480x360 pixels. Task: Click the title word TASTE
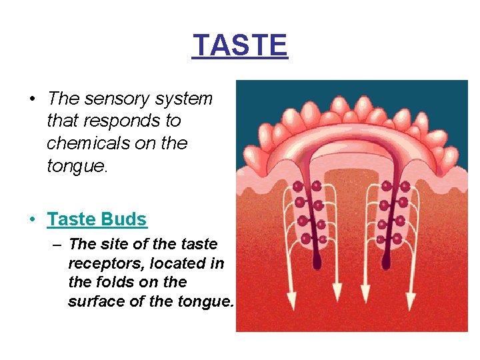(240, 45)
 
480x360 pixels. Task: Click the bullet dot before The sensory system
(32, 99)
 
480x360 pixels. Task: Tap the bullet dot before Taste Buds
(32, 219)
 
